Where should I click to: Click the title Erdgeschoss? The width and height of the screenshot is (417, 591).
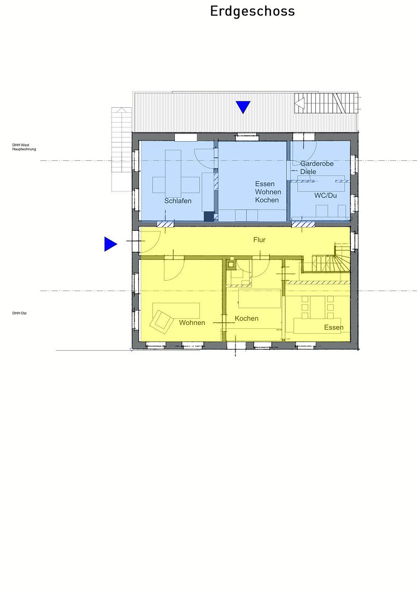252,11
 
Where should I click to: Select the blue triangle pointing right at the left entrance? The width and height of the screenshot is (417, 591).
110,244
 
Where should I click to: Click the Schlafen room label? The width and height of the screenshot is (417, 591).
178,201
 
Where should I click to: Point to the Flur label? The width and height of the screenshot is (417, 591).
259,240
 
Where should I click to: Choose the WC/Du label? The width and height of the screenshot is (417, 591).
326,195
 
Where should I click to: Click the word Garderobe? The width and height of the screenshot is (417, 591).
317,164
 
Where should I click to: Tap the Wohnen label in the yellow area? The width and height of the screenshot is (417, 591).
192,323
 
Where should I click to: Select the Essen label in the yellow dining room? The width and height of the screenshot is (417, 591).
334,327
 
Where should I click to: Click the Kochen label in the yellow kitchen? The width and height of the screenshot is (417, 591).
246,318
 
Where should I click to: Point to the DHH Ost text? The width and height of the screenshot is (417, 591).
20,313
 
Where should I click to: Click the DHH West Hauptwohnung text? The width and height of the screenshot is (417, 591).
24,147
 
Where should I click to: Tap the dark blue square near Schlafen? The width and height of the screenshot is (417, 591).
209,216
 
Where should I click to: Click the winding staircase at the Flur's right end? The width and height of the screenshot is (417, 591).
331,260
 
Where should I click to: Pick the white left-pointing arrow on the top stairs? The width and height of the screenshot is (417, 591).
299,103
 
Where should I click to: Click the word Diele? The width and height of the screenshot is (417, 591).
308,172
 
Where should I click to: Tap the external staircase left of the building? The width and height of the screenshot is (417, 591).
121,149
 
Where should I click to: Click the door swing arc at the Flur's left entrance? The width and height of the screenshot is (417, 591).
156,246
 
